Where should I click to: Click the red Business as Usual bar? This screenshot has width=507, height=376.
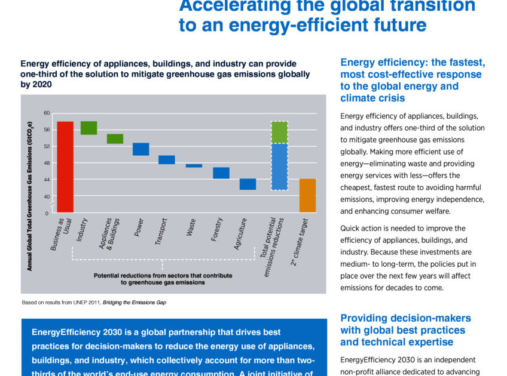pos(65,167)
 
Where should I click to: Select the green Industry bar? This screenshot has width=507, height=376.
pos(88,128)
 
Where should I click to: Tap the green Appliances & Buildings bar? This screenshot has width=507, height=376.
pos(115,138)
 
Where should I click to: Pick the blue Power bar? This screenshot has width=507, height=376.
pos(141,149)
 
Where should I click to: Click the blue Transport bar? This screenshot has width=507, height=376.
pos(166,159)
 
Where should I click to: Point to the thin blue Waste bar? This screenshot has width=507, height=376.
pos(194,165)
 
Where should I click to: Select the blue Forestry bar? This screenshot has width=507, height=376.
pos(221,172)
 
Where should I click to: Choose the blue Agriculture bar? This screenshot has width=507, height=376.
pos(248,184)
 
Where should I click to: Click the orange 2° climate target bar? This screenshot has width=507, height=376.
pos(307,195)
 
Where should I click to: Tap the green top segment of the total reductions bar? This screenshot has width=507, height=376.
pos(279,132)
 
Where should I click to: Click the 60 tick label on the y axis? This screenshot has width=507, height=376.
pos(46,113)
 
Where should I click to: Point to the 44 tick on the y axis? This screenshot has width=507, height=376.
pos(46,180)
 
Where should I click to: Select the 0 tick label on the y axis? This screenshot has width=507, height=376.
pos(47,212)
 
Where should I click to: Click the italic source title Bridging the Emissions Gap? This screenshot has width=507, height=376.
pos(135,303)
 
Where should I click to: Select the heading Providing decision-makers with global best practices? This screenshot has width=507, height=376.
pos(405,330)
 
